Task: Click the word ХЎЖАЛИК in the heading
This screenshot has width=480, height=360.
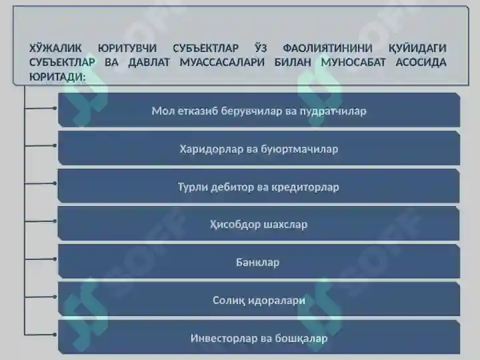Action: (x=55, y=49)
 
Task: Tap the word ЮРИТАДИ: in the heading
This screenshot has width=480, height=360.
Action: (x=57, y=77)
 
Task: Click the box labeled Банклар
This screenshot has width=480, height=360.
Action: (x=258, y=262)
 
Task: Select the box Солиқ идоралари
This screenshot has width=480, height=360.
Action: (x=258, y=300)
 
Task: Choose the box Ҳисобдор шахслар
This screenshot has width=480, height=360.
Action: (x=258, y=224)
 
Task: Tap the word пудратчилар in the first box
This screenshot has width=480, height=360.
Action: (x=333, y=111)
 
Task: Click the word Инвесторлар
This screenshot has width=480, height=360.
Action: (x=222, y=338)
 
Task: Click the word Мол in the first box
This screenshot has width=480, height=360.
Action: (x=162, y=111)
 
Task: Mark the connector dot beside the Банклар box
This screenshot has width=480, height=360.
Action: (x=55, y=258)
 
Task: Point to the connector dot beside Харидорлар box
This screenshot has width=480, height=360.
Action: (x=55, y=145)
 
